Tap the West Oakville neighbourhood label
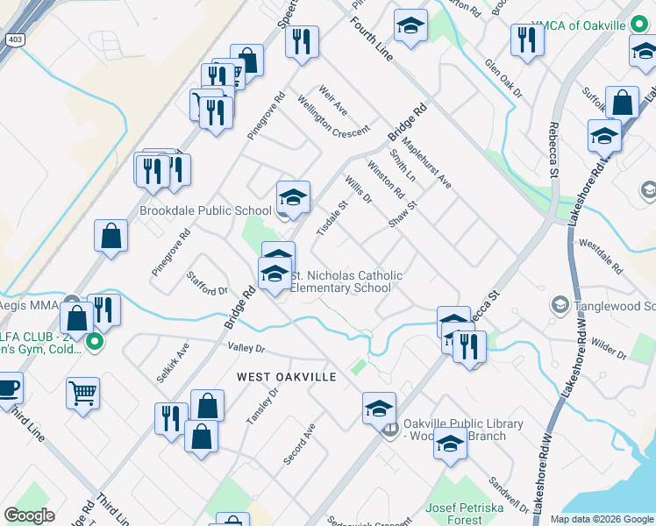(286, 376)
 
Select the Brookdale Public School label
(205, 210)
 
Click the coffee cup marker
(7, 388)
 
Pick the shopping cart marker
(82, 394)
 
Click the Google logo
(30, 515)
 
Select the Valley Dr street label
(246, 348)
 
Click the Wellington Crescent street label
(332, 117)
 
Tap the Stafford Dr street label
(207, 283)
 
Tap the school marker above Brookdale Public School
(293, 197)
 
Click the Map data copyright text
(601, 519)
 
